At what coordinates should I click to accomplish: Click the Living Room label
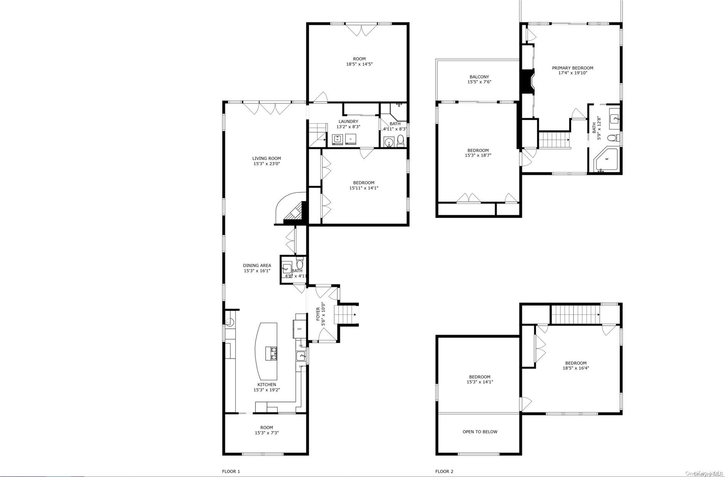coord(266,158)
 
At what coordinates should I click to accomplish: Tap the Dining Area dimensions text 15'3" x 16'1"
coord(257,271)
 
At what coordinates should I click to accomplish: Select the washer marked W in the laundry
coord(337,140)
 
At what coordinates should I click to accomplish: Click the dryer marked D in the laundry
coord(351,140)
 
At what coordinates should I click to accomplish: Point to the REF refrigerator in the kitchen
coord(299,329)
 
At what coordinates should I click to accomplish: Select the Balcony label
coord(479,77)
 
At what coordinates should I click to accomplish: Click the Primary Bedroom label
coord(572,68)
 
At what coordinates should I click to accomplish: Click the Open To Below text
coord(480,432)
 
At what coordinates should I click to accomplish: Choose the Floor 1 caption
coord(231,471)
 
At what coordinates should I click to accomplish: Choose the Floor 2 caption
coord(444,471)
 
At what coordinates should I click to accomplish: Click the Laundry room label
coord(348,121)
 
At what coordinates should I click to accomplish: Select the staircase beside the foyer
coord(345,315)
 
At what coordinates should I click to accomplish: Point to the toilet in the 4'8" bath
coord(300,264)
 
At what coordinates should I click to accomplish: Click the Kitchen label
coord(266,385)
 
